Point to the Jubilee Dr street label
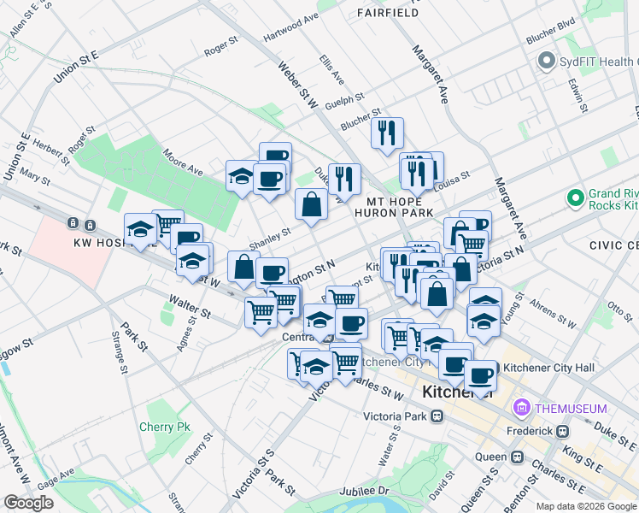364,492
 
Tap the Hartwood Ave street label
290,29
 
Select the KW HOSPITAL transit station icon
73,223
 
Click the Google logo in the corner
28,502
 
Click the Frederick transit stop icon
561,431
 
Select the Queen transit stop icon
517,457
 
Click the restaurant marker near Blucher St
387,133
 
